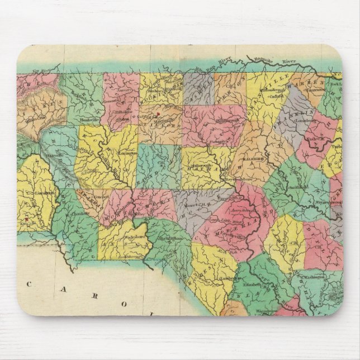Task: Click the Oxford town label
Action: tap(276, 96)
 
